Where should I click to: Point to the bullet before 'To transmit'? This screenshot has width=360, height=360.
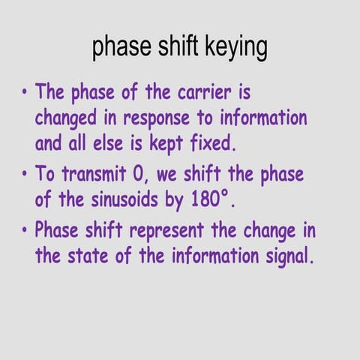25,175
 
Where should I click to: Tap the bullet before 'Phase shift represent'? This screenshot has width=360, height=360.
25,229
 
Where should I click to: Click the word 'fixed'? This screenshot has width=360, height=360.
248,143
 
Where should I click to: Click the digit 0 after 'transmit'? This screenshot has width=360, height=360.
136,175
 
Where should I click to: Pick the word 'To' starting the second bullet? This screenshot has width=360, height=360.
46,175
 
